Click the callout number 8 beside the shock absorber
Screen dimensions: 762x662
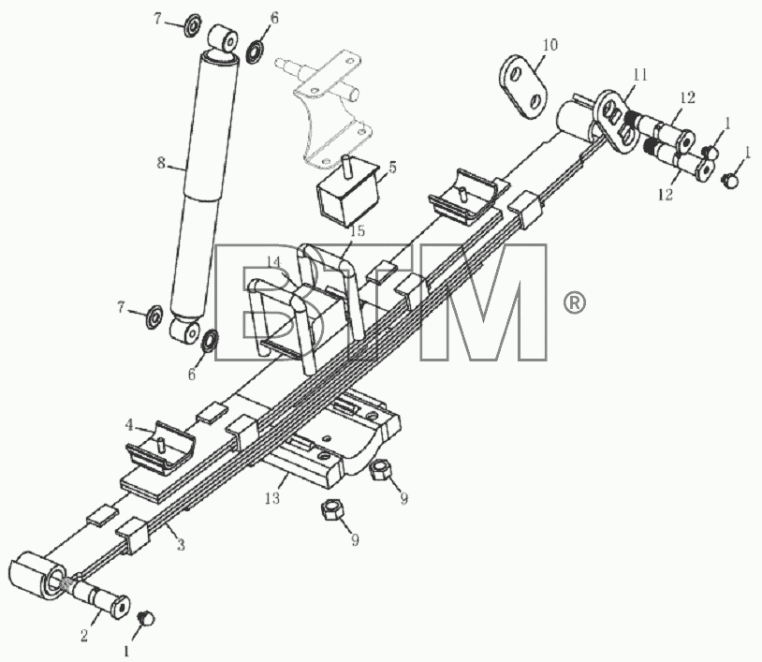point(161,163)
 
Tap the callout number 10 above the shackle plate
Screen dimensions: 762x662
point(550,45)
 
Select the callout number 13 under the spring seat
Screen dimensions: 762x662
point(273,498)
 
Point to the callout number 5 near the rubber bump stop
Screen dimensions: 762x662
point(392,168)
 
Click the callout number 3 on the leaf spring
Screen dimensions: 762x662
point(181,545)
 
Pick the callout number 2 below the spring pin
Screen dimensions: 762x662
point(84,635)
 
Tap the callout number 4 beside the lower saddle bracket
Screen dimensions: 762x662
point(129,426)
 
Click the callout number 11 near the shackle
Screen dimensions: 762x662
point(640,74)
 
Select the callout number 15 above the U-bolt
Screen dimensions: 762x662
point(358,230)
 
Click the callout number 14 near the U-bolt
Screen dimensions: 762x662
point(274,261)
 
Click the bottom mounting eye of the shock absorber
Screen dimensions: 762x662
point(186,332)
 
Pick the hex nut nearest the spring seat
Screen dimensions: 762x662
point(378,470)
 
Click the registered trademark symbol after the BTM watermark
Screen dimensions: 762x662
point(575,302)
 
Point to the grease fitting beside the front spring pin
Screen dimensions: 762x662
point(146,618)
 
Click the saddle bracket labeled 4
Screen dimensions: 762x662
point(161,449)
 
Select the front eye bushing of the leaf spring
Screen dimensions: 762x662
point(37,577)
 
